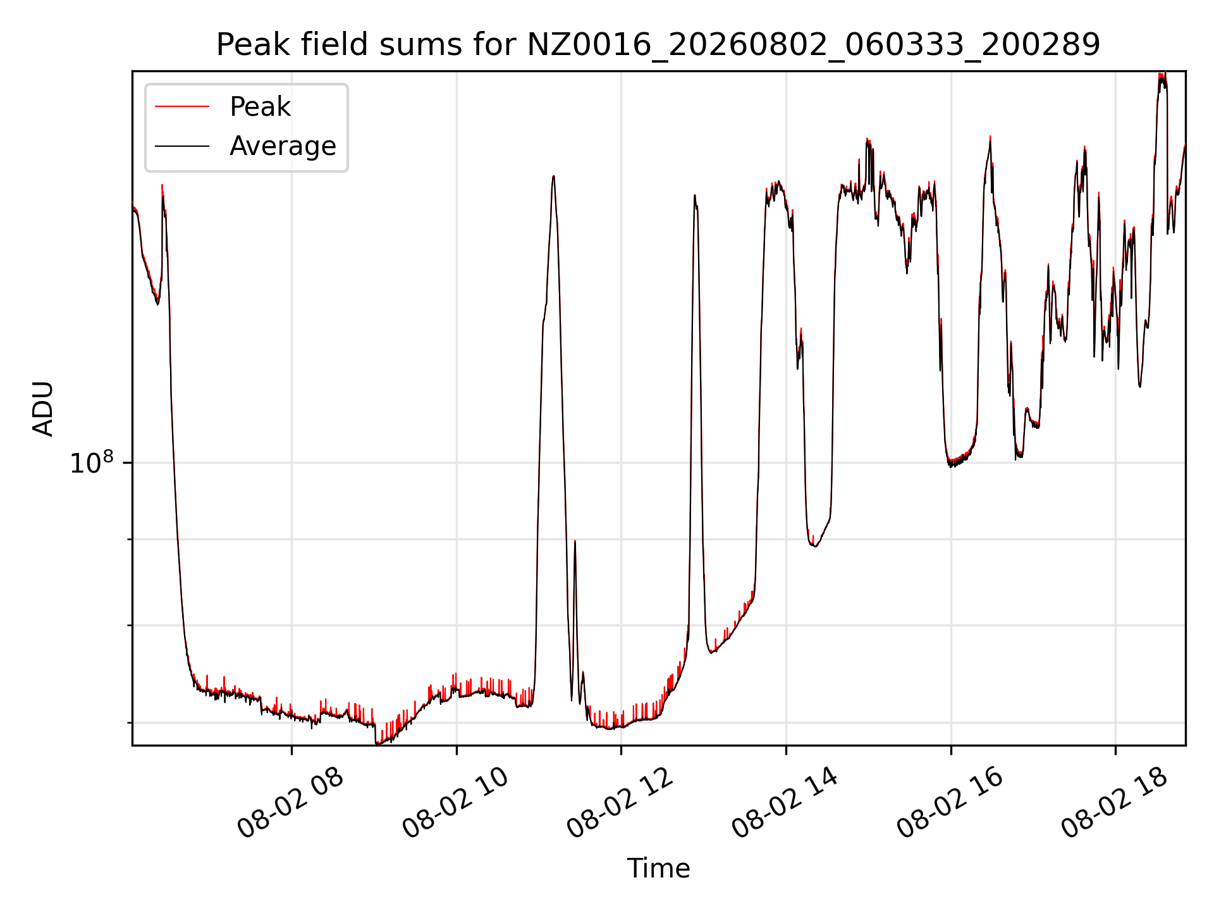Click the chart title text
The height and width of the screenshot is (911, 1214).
[658, 45]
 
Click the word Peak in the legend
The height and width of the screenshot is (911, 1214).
[260, 107]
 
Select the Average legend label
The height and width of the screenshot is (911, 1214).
[283, 146]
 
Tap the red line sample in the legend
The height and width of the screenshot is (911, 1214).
[182, 107]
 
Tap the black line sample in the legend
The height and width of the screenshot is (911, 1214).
[182, 146]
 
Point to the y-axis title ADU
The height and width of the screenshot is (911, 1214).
[43, 409]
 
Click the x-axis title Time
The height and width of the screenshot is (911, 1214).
[658, 868]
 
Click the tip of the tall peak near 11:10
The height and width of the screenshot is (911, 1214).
[553, 176]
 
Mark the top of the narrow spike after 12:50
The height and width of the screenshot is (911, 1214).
[694, 195]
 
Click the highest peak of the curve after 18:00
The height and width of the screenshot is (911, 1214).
[1162, 74]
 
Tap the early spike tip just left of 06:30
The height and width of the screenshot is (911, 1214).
[162, 185]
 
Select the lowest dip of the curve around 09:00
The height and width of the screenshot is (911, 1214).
[377, 743]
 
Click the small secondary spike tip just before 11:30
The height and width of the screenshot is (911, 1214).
[575, 541]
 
